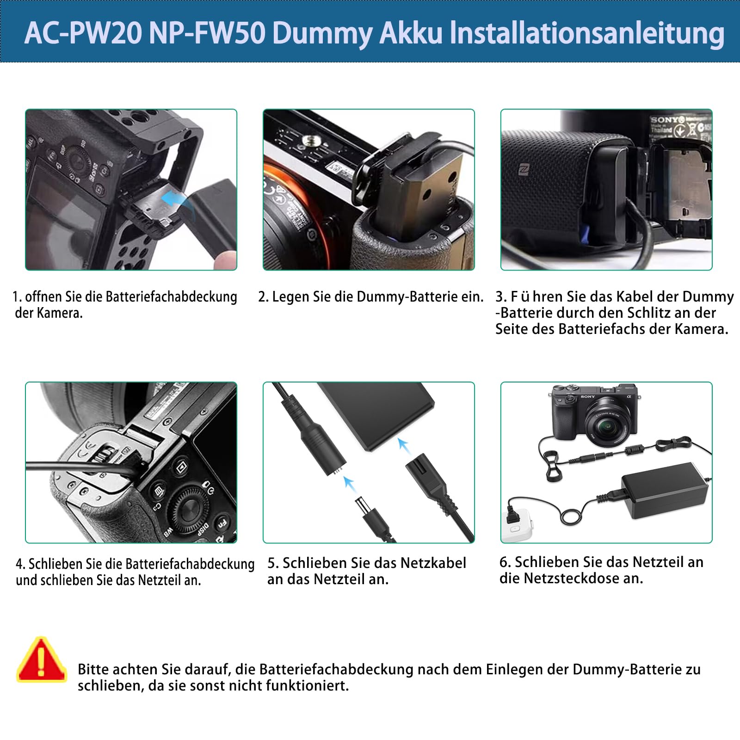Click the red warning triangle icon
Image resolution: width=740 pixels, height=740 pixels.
42,660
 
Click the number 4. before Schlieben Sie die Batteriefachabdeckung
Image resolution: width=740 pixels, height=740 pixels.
20,564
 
